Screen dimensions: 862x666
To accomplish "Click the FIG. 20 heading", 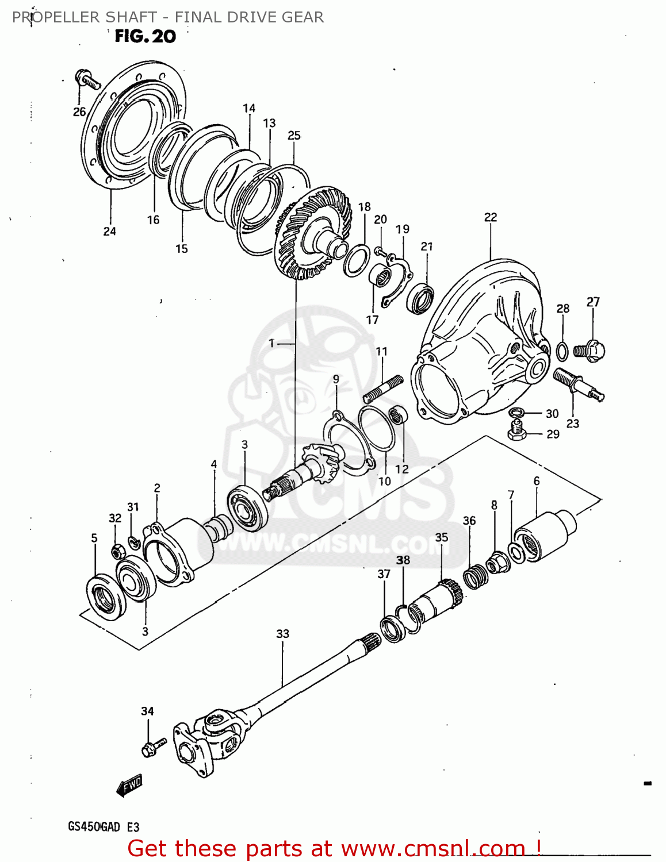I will (x=145, y=36).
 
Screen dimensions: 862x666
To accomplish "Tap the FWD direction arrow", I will (x=129, y=785).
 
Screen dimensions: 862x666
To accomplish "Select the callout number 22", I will (x=490, y=217).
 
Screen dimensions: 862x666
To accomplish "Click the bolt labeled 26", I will (x=87, y=79).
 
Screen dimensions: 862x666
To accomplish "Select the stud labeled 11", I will (x=383, y=388).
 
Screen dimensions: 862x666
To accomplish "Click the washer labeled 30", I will (x=516, y=413).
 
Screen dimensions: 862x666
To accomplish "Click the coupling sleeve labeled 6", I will (x=543, y=535).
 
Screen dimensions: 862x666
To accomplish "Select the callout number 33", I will (x=282, y=634).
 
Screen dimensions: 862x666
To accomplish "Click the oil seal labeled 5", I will (x=105, y=595).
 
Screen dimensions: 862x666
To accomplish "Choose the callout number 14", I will (x=248, y=108).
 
